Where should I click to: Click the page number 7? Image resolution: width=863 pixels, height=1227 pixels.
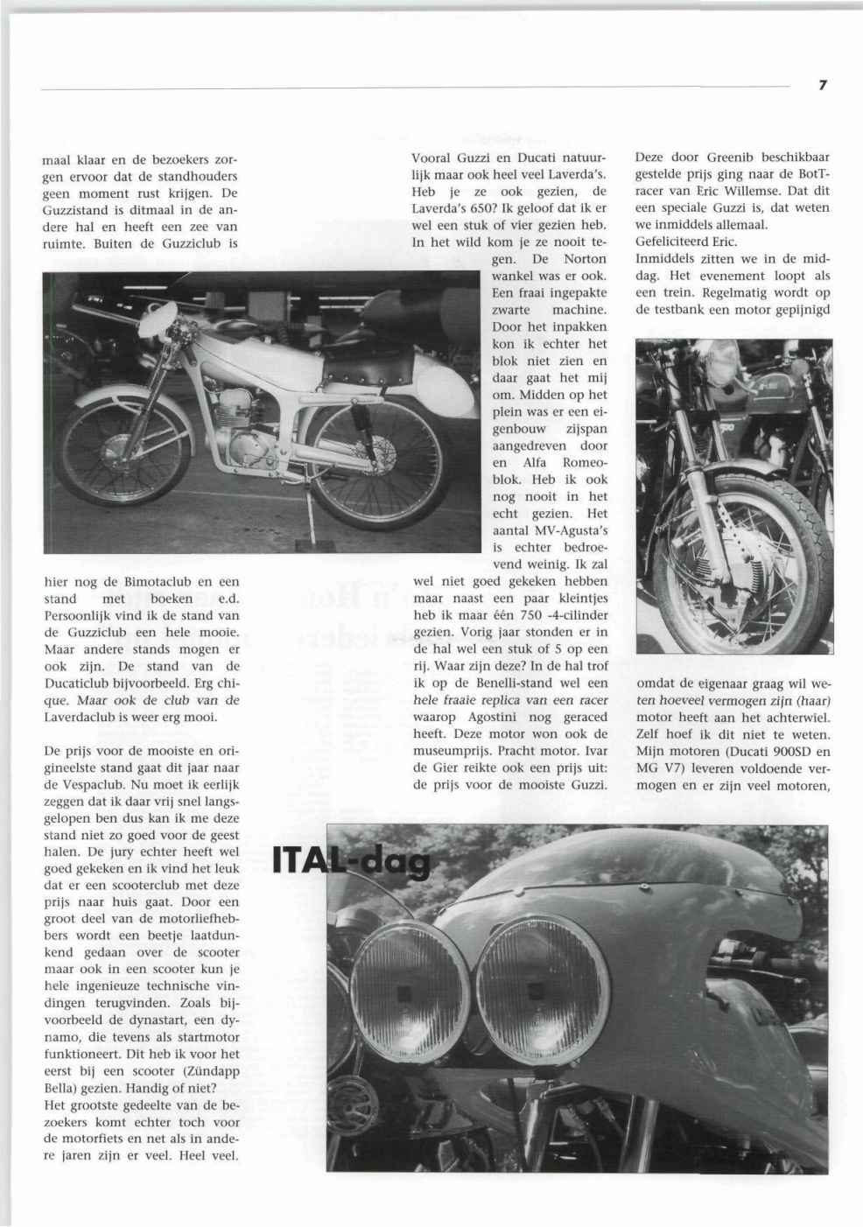(822, 85)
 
